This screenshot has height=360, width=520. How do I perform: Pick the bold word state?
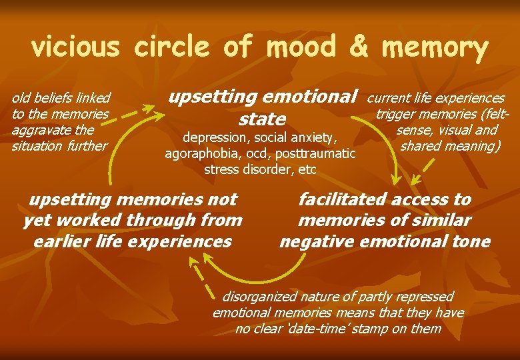(x=262, y=119)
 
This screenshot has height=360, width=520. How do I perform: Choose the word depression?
(x=213, y=138)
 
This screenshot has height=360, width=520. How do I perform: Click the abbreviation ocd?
(x=257, y=153)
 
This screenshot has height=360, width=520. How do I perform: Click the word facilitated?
(x=343, y=199)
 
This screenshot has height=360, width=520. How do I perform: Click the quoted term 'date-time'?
(x=301, y=329)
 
